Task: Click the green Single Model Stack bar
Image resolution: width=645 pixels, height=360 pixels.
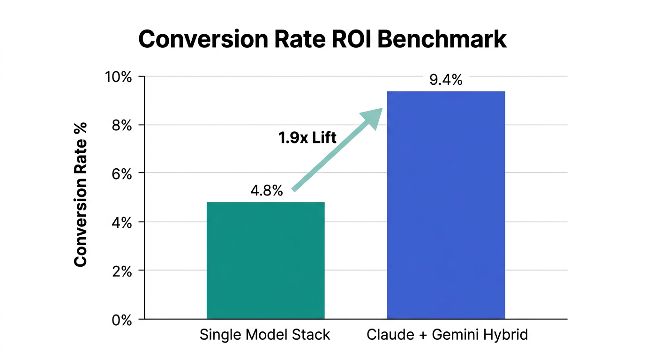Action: [x=265, y=261]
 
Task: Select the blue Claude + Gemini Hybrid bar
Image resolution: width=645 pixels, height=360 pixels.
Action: [x=446, y=205]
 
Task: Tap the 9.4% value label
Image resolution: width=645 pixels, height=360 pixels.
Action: [x=446, y=80]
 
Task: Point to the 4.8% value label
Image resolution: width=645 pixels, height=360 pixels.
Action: [x=266, y=191]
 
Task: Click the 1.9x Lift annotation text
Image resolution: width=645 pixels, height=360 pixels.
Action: [x=307, y=138]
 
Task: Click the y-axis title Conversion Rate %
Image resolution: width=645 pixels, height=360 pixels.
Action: [x=81, y=195]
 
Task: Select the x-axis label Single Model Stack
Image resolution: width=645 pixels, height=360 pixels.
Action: [x=265, y=335]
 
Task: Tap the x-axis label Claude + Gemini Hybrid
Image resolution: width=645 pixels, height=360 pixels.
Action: [x=447, y=335]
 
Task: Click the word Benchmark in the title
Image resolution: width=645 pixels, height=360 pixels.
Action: [x=442, y=39]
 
